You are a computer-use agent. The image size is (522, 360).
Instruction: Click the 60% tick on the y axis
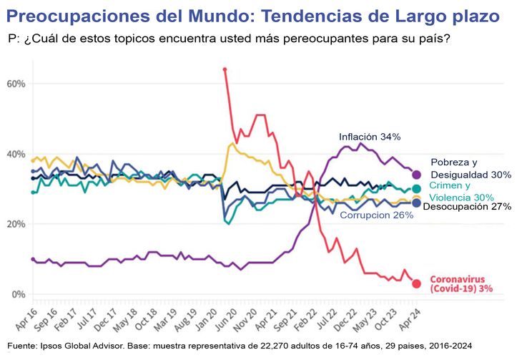(15, 84)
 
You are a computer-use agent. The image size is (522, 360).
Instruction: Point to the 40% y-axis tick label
(15, 154)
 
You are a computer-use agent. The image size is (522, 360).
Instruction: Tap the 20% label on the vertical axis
(15, 224)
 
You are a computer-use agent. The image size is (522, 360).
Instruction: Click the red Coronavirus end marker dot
(416, 283)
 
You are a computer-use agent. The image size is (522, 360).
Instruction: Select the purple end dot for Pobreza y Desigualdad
(416, 174)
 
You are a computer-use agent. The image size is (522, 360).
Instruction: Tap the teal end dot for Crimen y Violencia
(416, 189)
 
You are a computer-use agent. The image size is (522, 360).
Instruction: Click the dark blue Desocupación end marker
(416, 203)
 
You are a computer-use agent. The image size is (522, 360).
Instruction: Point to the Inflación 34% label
(370, 136)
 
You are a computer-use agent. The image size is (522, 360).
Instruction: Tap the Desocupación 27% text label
(467, 207)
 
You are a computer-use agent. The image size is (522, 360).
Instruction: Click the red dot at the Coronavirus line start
(225, 69)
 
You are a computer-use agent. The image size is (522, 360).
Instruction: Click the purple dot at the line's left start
(33, 259)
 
